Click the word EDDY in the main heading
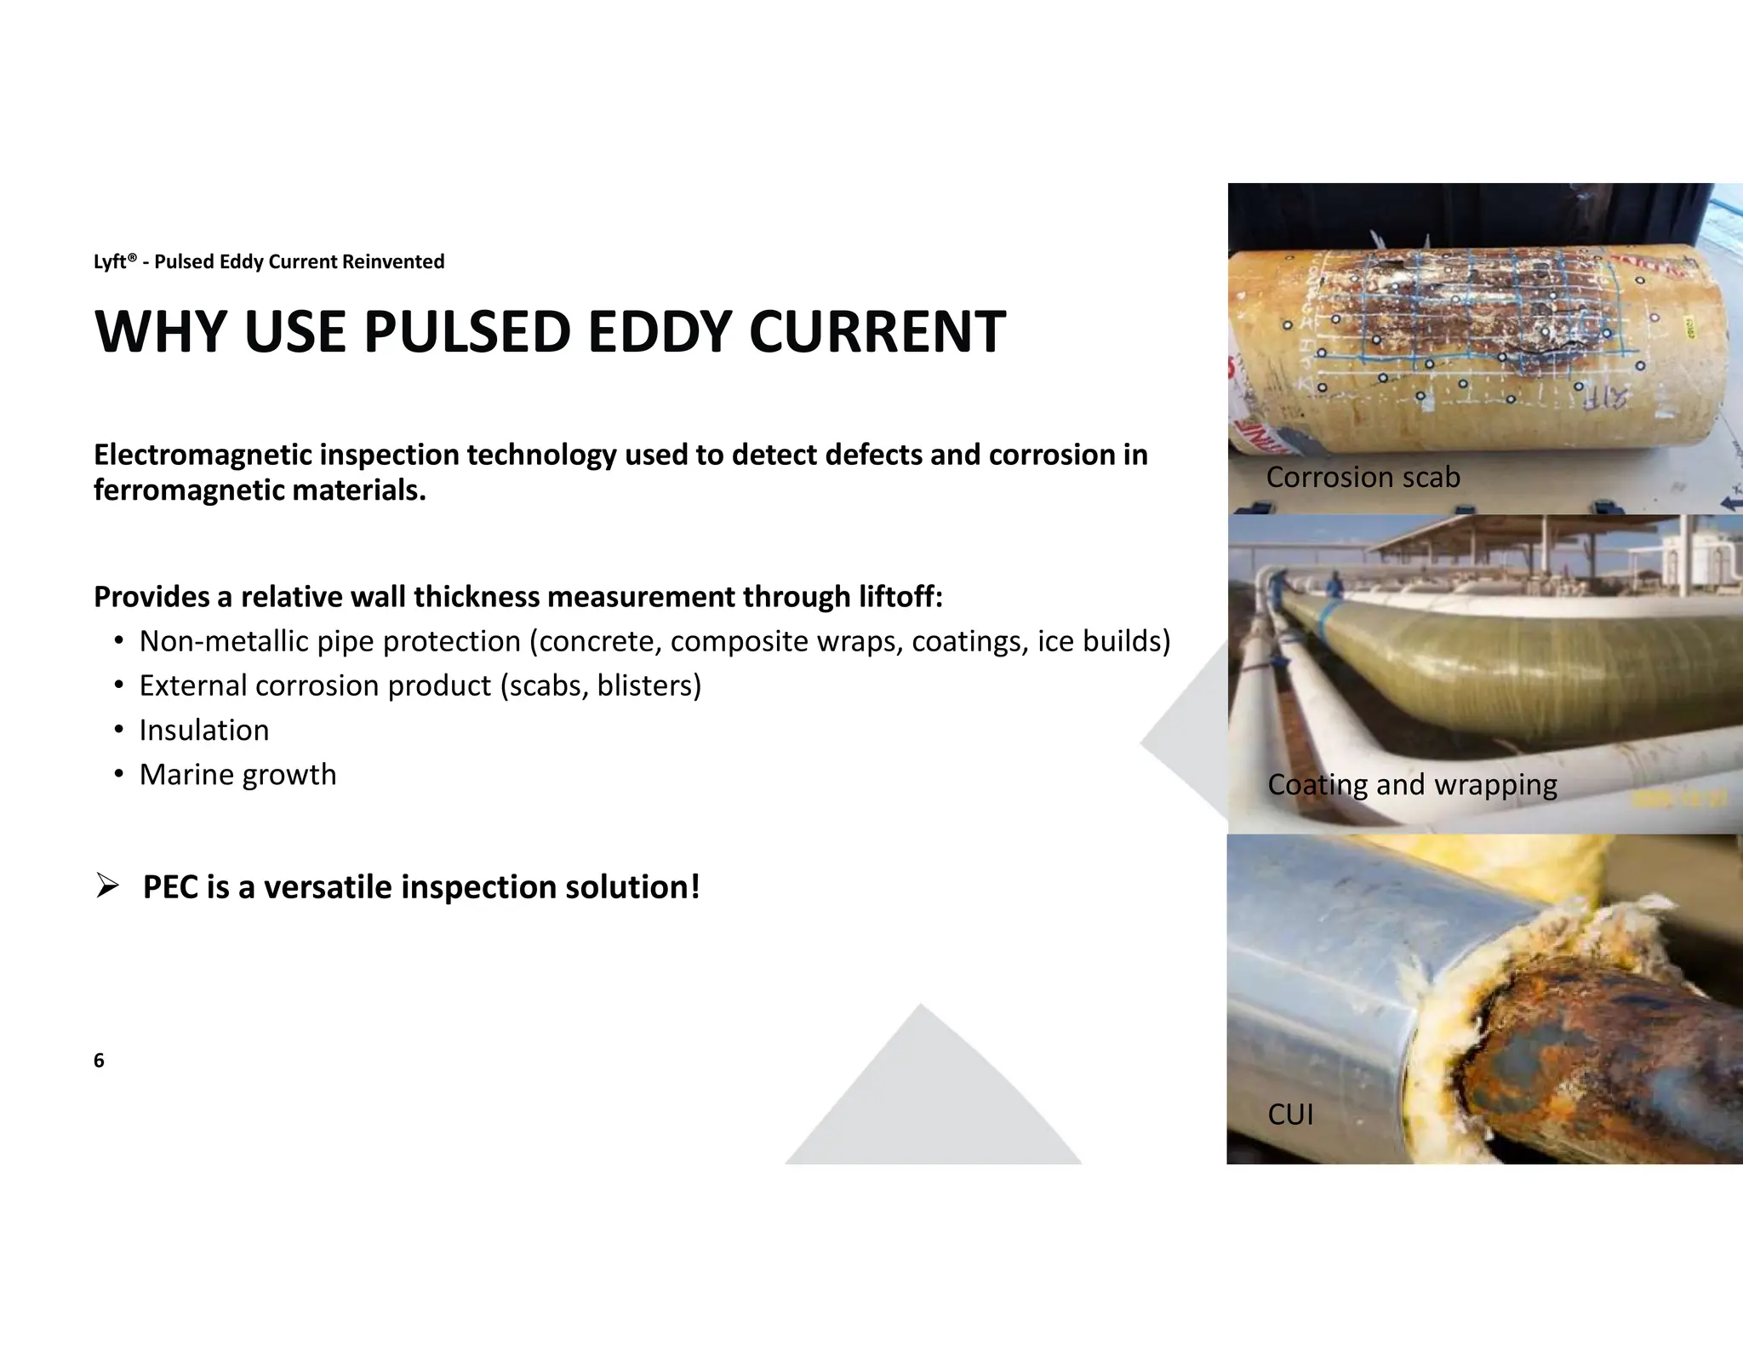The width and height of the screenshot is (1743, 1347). pos(660,332)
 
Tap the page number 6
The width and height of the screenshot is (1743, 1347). pos(99,1060)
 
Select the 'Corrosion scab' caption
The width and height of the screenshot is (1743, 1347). pos(1363,477)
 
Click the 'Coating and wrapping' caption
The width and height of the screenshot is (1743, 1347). pos(1412,784)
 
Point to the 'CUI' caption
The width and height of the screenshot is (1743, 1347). pos(1290,1114)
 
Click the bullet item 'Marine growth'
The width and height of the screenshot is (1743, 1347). pos(237,775)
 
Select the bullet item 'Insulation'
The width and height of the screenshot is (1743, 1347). pos(204,731)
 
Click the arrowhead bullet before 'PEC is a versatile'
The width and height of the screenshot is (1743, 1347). pos(106,887)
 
